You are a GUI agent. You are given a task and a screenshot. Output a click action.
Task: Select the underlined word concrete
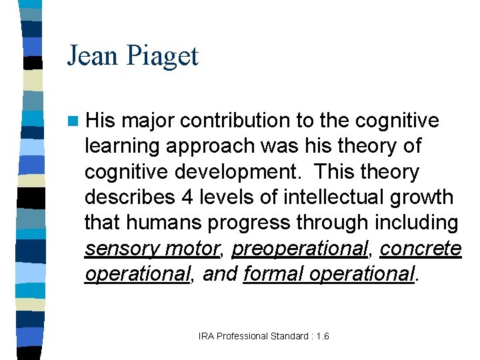[x=421, y=249]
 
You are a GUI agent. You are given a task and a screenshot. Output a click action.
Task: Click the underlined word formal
[x=271, y=274]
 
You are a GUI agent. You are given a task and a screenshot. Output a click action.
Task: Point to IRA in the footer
[x=206, y=337]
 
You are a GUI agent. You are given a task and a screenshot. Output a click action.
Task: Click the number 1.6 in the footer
[x=322, y=337]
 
